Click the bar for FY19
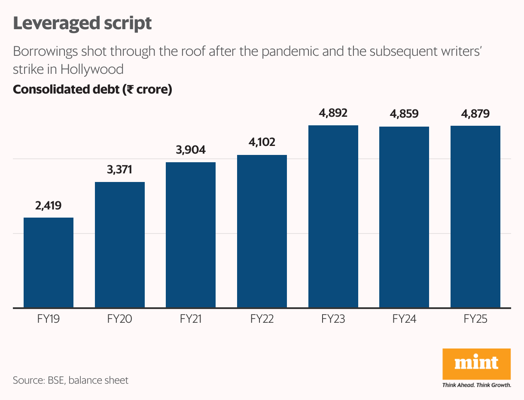pyautogui.click(x=48, y=263)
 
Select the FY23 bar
pyautogui.click(x=333, y=216)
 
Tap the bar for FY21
pyautogui.click(x=191, y=235)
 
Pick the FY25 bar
pyautogui.click(x=475, y=217)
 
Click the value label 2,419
pyautogui.click(x=48, y=206)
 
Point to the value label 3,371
pyautogui.click(x=119, y=170)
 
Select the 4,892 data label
pyautogui.click(x=333, y=113)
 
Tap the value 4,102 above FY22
pyautogui.click(x=262, y=142)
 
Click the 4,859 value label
pyautogui.click(x=404, y=114)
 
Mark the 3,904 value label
pyautogui.click(x=191, y=150)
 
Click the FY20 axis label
pyautogui.click(x=119, y=319)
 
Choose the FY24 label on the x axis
pyautogui.click(x=404, y=319)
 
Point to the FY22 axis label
pyautogui.click(x=262, y=319)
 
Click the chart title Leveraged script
pyautogui.click(x=82, y=23)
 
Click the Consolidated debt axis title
pyautogui.click(x=92, y=90)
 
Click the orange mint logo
pyautogui.click(x=476, y=364)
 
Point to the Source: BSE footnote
pyautogui.click(x=70, y=380)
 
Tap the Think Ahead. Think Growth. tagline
pyautogui.click(x=476, y=385)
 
